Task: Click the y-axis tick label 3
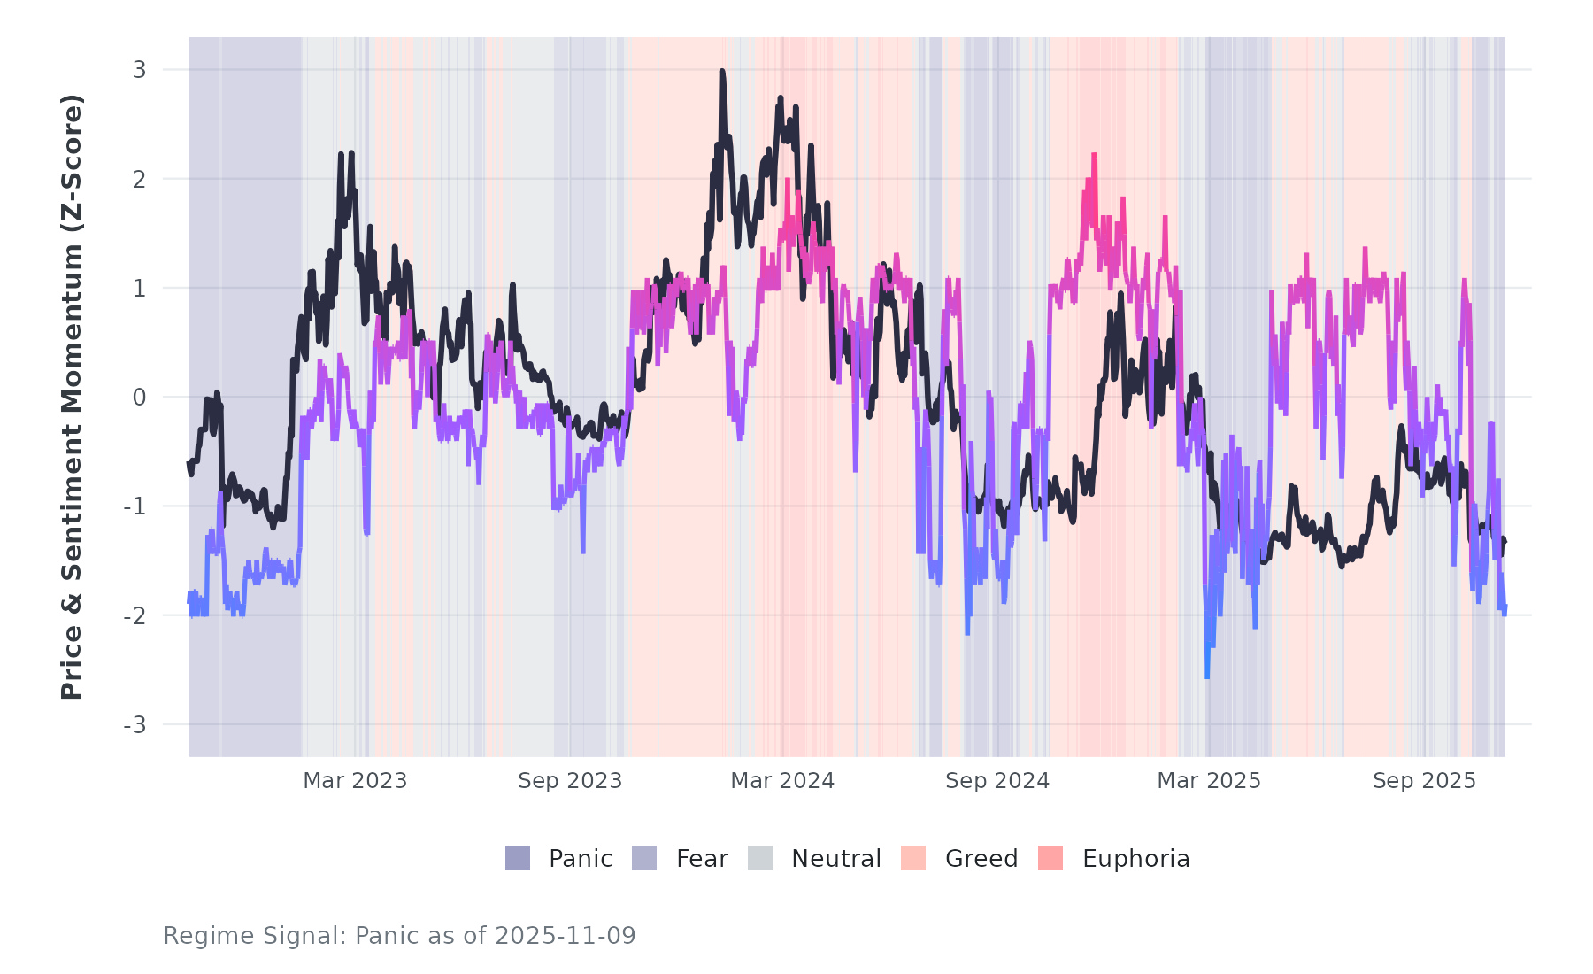139,70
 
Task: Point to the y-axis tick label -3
135,725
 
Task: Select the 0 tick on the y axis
139,398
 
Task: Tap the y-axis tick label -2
135,616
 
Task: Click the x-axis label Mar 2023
355,781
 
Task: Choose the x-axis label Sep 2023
570,781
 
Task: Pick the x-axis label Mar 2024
782,781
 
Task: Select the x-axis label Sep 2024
997,781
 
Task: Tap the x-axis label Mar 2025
1209,781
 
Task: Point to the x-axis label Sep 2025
1424,781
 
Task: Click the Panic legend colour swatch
518,858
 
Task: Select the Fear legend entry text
702,859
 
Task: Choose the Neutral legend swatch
760,858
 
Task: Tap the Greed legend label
981,859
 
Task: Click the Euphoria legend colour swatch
1050,858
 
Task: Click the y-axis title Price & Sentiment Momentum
72,397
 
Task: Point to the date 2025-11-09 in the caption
566,936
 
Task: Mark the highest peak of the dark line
722,72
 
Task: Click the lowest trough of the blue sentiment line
1207,677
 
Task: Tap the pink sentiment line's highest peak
1094,155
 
